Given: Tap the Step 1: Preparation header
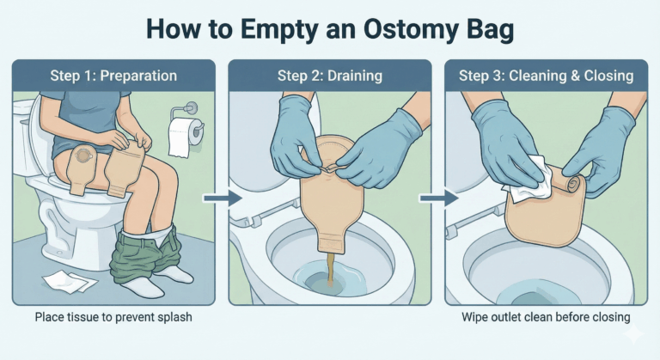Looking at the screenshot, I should [113, 76].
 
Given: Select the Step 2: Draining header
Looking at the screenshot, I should [329, 76].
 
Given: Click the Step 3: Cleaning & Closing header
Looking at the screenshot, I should [546, 76].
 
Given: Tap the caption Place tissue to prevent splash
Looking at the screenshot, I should [113, 318].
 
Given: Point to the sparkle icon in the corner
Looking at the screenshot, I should [634, 335].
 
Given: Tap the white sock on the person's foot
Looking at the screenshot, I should [176, 273].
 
